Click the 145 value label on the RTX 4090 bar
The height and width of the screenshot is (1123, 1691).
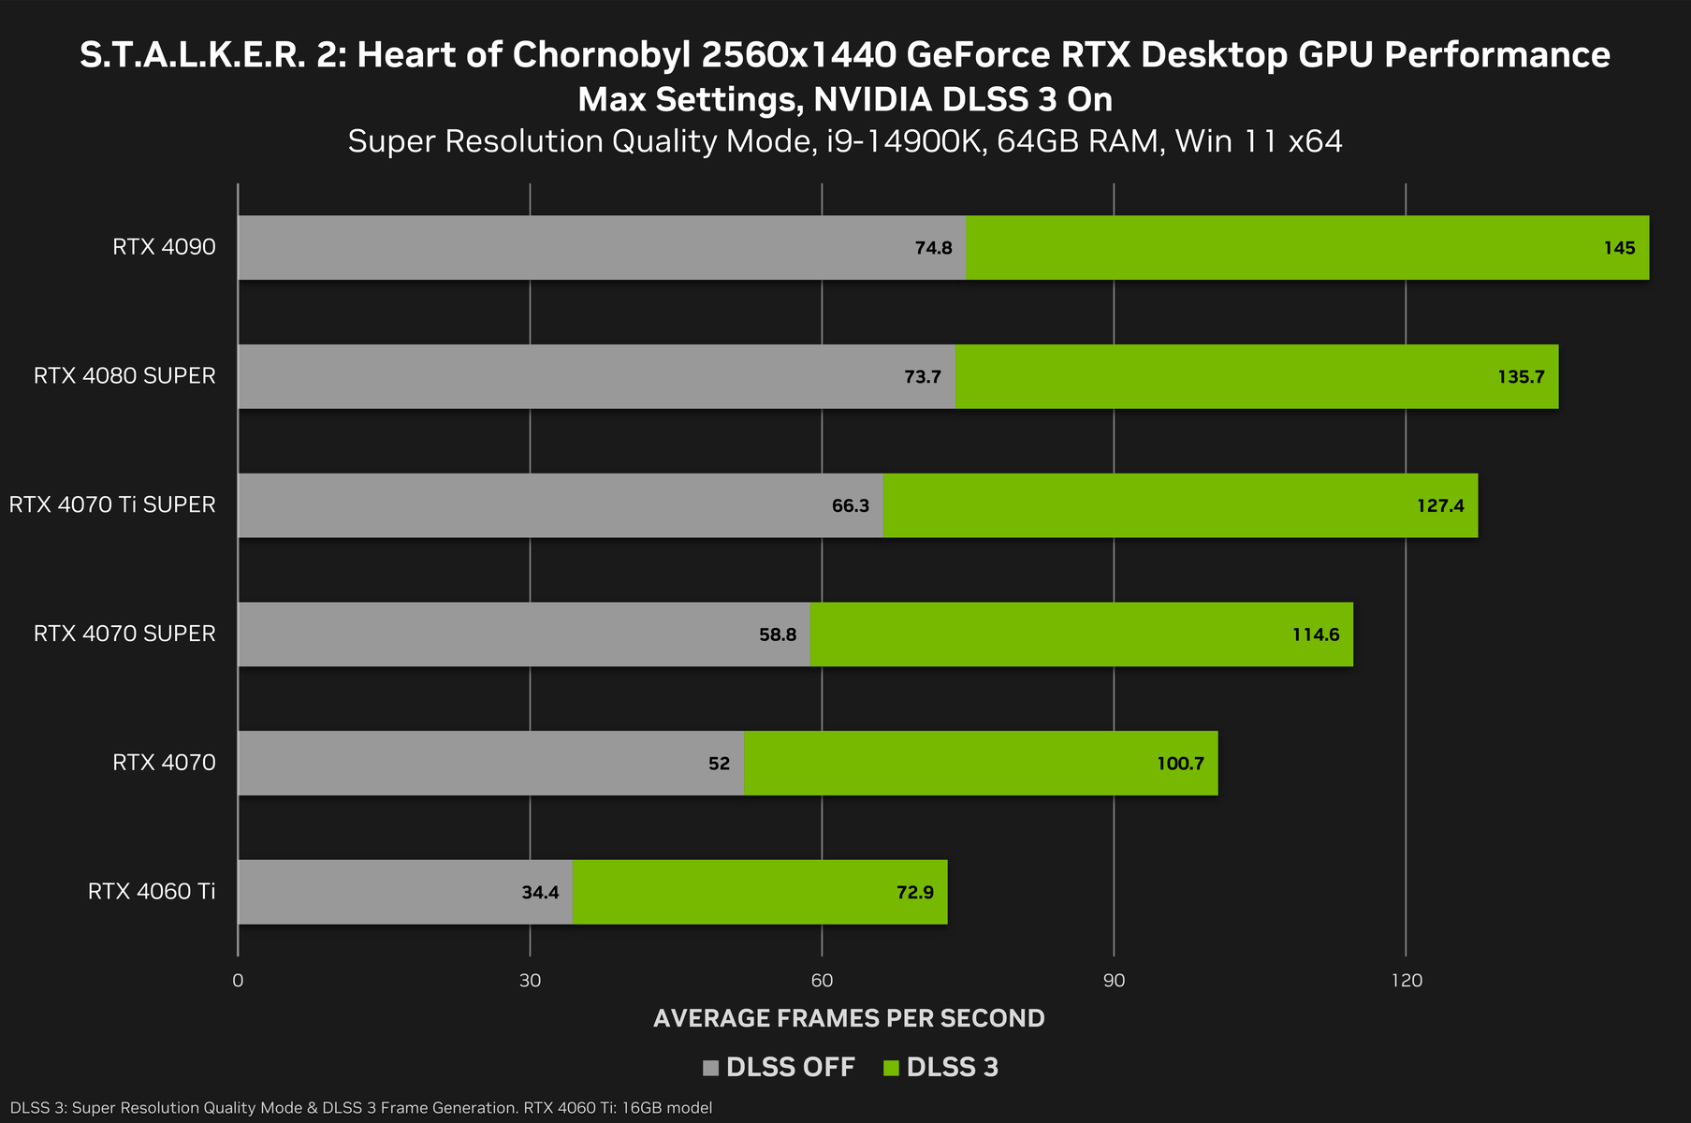point(1619,248)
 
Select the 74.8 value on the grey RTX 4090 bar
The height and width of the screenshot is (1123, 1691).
point(933,248)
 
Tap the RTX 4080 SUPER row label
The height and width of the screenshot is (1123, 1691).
point(124,376)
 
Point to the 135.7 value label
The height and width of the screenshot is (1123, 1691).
point(1521,377)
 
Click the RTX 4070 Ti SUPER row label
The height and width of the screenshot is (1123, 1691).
point(112,505)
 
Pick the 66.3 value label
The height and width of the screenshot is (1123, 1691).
point(850,506)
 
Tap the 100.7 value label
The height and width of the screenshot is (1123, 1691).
point(1180,764)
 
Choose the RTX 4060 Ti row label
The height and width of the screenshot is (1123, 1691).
point(152,892)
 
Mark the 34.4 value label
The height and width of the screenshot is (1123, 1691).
point(540,893)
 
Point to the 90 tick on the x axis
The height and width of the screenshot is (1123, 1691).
point(1114,981)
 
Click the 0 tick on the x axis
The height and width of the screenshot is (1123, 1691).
point(238,981)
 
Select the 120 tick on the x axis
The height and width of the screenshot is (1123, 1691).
point(1406,981)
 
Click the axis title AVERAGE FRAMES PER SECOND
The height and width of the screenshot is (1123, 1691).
point(849,1018)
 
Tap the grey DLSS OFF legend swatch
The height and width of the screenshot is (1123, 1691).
point(710,1068)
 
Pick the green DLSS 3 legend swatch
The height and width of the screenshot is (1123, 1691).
point(891,1068)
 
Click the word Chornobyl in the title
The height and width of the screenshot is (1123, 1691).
point(600,55)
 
